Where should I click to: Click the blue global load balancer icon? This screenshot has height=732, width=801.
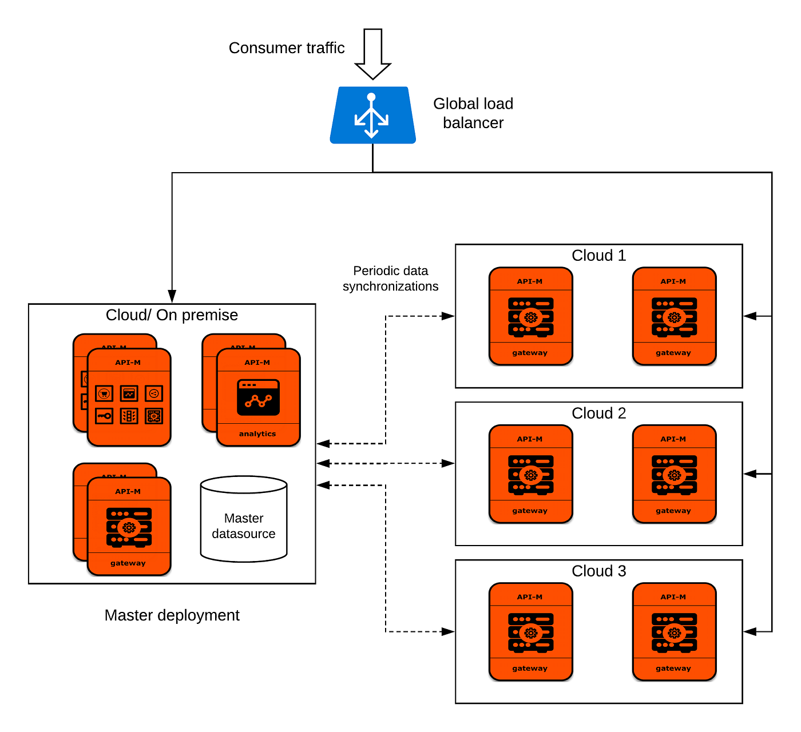pos(372,115)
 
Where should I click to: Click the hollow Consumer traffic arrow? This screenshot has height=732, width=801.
pos(372,54)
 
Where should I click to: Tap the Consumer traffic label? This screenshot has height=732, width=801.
pos(287,48)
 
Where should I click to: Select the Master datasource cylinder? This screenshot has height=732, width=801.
pos(244,519)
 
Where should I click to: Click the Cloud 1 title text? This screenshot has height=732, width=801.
pos(598,256)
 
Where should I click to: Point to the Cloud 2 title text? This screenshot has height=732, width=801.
pos(598,413)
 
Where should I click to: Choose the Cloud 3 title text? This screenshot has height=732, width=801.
pos(598,571)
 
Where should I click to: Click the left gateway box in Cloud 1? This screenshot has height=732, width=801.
pos(531,316)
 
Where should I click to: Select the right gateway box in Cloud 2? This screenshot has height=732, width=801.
pos(674,474)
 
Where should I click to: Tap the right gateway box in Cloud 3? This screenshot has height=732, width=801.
pos(674,632)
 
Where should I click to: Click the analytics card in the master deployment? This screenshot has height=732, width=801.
pos(259,397)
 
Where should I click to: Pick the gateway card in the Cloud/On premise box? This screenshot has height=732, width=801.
pos(129,526)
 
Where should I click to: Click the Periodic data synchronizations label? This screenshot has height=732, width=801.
pos(391,279)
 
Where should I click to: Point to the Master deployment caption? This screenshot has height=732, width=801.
pos(172,615)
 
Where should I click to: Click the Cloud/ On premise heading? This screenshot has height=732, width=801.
pos(172,315)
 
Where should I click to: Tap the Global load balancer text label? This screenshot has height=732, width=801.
pos(473,113)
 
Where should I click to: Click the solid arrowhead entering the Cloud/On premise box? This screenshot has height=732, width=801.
pos(172,297)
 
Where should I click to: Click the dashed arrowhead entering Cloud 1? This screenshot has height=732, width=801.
pos(448,316)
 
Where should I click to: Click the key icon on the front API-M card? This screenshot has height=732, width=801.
pos(104,416)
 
